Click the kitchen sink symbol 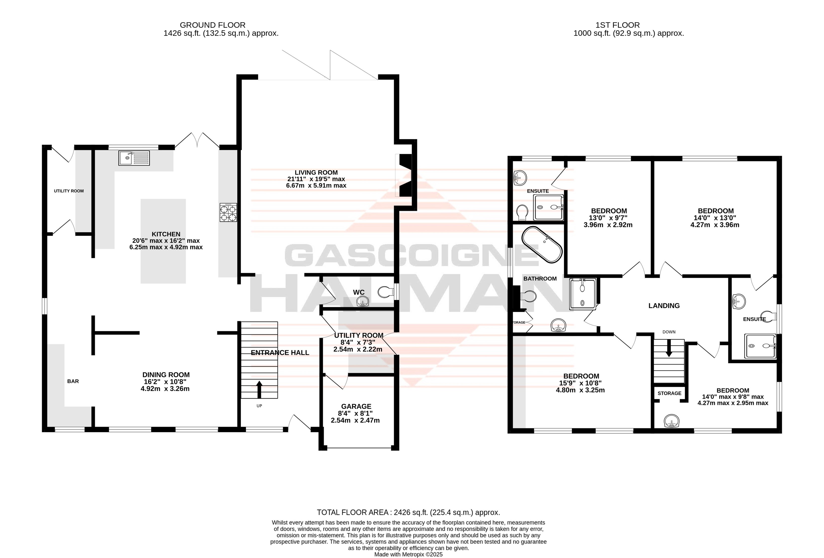(x=134, y=158)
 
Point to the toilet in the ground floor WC (x=386, y=292)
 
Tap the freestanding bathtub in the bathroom (x=542, y=245)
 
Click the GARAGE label (x=356, y=406)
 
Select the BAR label (x=73, y=381)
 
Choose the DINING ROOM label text (x=166, y=375)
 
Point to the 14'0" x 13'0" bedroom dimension (x=715, y=221)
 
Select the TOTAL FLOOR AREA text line (x=409, y=512)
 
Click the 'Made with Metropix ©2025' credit (x=409, y=555)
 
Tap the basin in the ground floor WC (x=362, y=302)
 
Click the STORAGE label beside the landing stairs (x=669, y=393)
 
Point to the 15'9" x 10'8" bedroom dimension (x=580, y=387)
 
